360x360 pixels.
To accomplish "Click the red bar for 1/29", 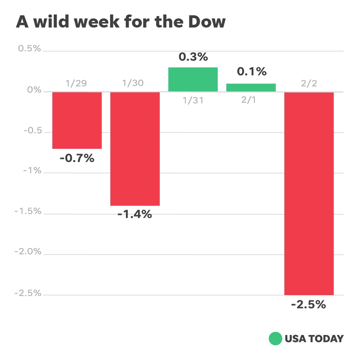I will pyautogui.click(x=77, y=120).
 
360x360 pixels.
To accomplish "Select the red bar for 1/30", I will pyautogui.click(x=135, y=149).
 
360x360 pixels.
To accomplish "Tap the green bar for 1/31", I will pyautogui.click(x=193, y=79).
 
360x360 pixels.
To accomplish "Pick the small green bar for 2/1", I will pyautogui.click(x=251, y=87).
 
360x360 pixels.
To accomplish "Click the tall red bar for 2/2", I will pyautogui.click(x=309, y=193).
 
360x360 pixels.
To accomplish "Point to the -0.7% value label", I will pyautogui.click(x=77, y=158).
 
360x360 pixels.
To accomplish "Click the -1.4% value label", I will pyautogui.click(x=135, y=215).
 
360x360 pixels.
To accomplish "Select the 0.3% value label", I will pyautogui.click(x=193, y=57).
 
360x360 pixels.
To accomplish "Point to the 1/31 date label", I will pyautogui.click(x=193, y=100).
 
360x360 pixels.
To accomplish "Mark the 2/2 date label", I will pyautogui.click(x=309, y=83).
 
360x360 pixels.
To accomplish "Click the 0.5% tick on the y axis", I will pyautogui.click(x=29, y=49).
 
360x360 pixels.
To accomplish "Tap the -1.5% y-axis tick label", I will pyautogui.click(x=28, y=211).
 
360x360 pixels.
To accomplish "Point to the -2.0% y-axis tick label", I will pyautogui.click(x=28, y=252).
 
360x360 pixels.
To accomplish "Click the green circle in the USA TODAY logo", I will pyautogui.click(x=275, y=339).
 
